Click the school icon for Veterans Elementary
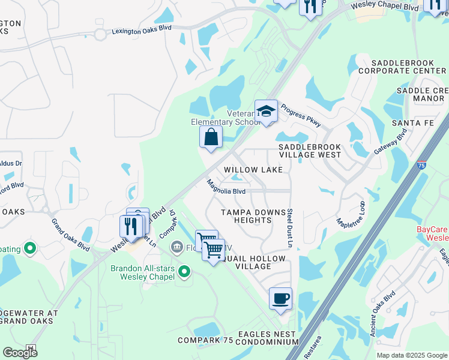266,112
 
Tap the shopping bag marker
211,137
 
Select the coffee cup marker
280,299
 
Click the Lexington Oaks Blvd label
141,31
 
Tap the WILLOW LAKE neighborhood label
253,170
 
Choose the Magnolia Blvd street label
226,187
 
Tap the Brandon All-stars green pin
184,273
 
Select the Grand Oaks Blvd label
70,235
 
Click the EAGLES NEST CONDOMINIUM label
267,338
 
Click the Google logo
20,353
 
